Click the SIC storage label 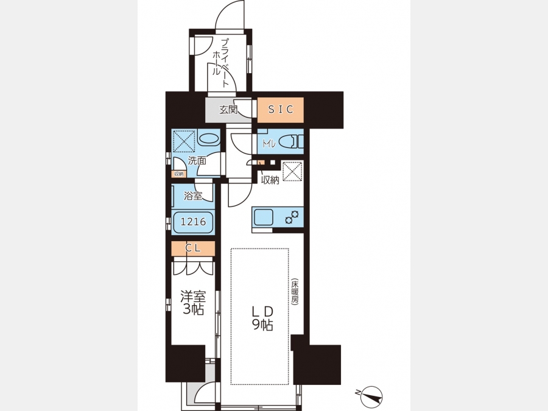pos(280,110)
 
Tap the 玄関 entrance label pos(228,110)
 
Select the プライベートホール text pos(221,63)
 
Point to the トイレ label pos(269,143)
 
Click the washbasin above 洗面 pos(209,139)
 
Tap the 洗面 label pos(197,161)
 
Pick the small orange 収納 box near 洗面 pos(178,174)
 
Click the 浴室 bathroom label pos(193,195)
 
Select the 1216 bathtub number pos(193,222)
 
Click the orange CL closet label pos(193,248)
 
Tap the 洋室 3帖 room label pos(193,303)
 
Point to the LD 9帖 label pos(262,318)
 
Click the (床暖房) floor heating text pos(295,292)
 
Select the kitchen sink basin pos(264,217)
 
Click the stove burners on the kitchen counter pos(292,217)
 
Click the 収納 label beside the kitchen pos(270,180)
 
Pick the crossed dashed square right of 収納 pos(292,171)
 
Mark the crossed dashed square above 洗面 pos(184,141)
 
